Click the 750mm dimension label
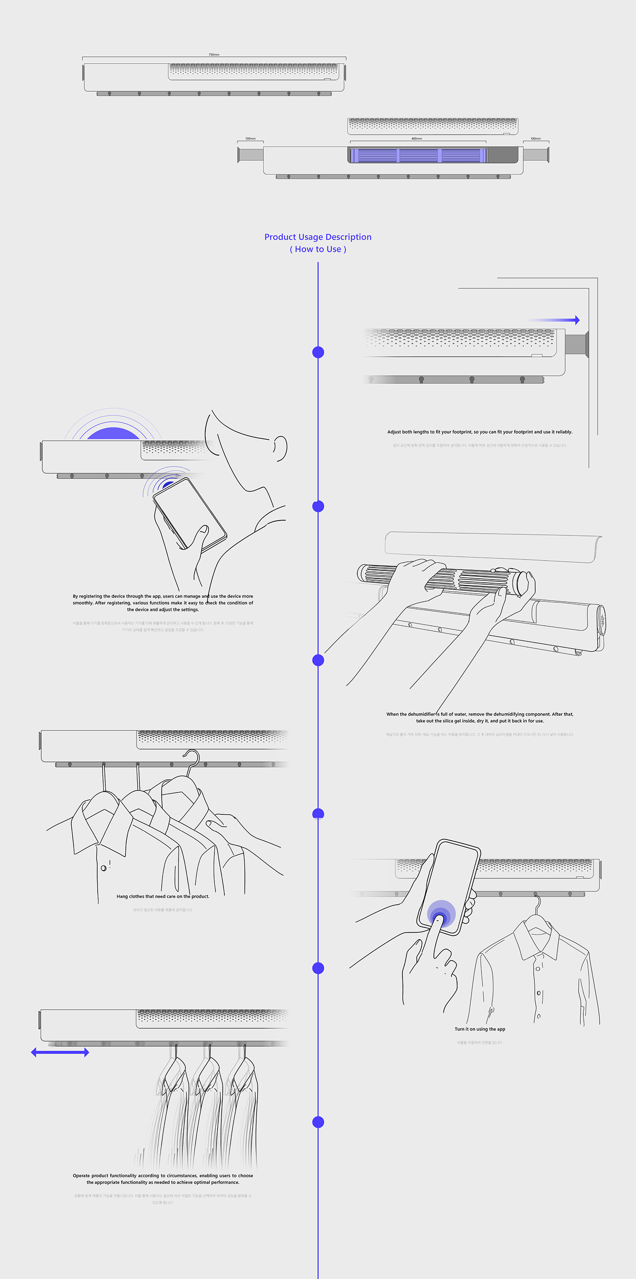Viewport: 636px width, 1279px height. (x=214, y=55)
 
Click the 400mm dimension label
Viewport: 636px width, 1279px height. (x=417, y=139)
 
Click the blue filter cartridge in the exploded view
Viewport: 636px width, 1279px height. (x=417, y=155)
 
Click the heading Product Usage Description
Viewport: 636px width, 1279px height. (x=318, y=237)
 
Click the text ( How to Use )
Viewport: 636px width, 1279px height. (x=318, y=249)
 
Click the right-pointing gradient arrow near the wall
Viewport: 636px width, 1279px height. (x=554, y=320)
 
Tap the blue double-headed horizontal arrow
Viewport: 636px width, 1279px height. (x=60, y=1052)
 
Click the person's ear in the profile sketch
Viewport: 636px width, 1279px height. (x=281, y=448)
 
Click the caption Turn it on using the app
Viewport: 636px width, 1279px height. (x=480, y=1029)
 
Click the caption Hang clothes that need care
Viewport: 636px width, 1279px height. (x=163, y=896)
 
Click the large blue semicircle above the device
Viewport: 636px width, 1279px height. (x=113, y=433)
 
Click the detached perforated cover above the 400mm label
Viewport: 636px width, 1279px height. (x=432, y=126)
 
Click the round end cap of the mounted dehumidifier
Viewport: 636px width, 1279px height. (x=601, y=620)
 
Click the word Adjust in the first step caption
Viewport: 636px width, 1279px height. (x=394, y=432)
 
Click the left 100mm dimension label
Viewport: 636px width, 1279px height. (x=250, y=139)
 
